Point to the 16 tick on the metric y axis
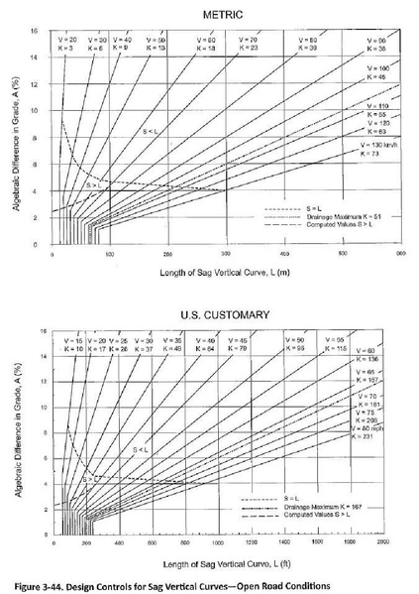click(x=37, y=32)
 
